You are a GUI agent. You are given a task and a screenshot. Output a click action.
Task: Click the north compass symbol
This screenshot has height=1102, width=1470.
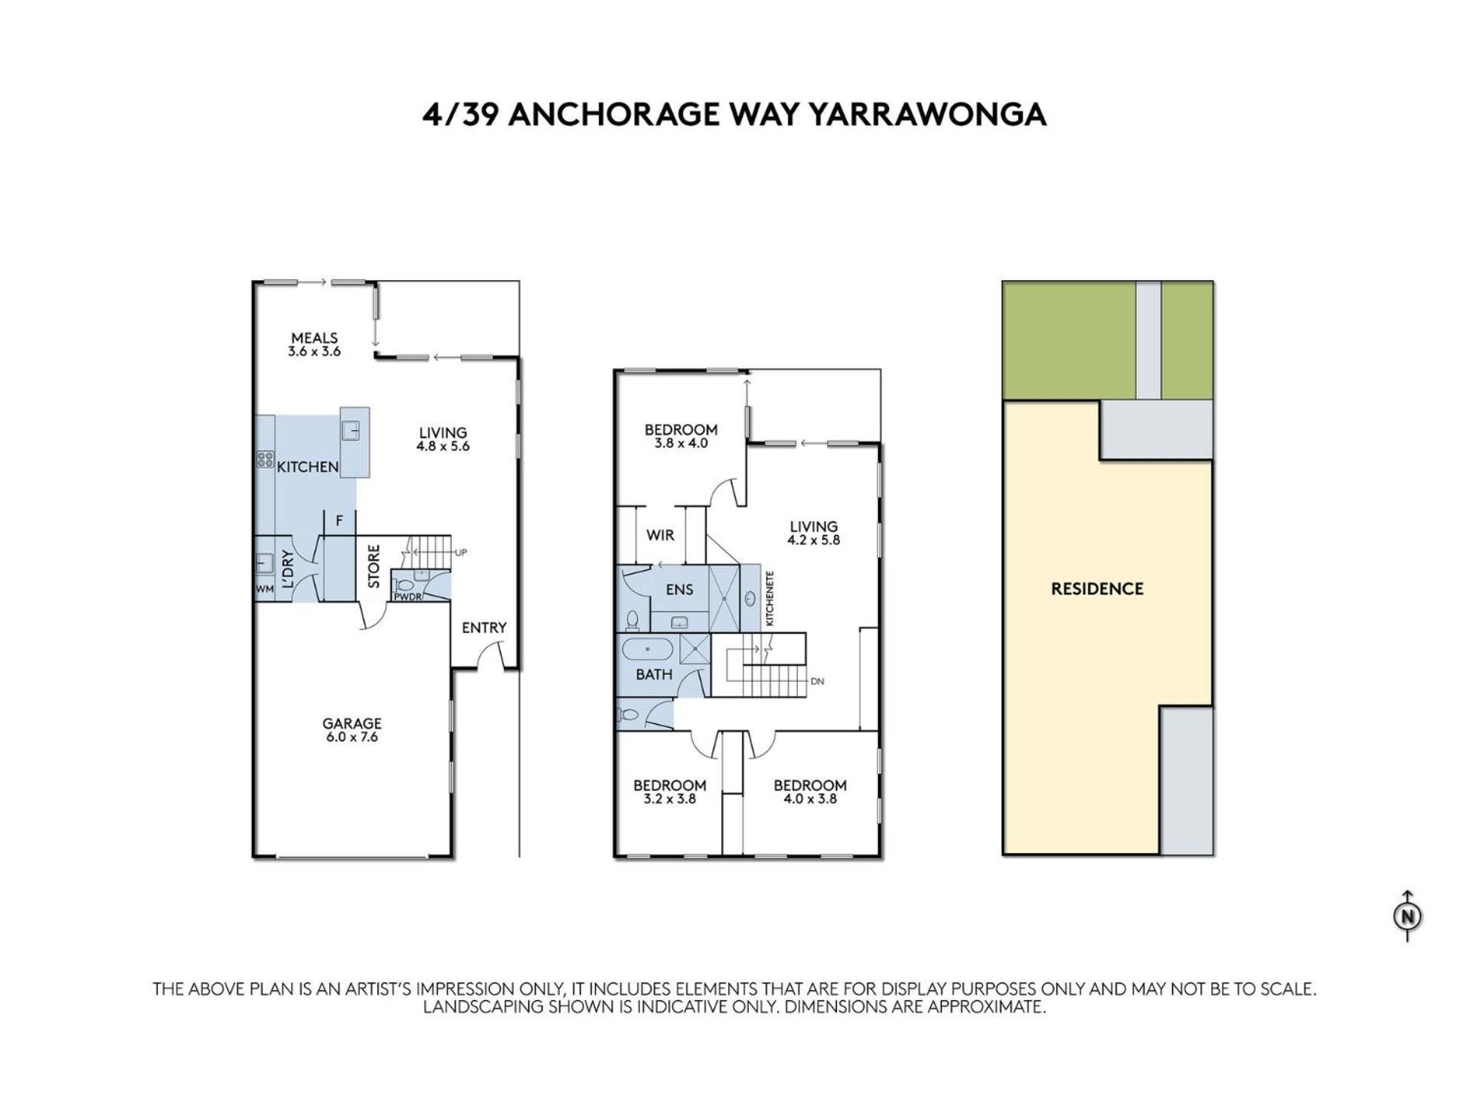point(1407,916)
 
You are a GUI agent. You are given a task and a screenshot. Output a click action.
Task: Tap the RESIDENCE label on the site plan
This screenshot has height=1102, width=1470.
point(1097,588)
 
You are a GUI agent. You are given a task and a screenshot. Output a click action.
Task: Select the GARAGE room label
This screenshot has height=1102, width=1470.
point(351,723)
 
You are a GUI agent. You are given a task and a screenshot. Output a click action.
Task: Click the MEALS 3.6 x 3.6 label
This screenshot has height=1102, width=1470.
point(314,344)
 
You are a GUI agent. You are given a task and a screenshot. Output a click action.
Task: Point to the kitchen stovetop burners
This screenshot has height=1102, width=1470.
point(265,459)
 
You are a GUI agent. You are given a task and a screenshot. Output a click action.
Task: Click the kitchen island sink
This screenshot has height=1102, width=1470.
point(351,431)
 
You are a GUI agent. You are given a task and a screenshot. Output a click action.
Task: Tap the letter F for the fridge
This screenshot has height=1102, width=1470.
point(339,521)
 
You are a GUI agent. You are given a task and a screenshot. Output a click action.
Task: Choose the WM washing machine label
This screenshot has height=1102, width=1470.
point(264,588)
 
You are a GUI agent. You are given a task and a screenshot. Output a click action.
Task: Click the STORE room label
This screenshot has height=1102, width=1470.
point(374,566)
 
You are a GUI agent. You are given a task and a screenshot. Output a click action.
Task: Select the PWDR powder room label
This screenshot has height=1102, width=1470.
point(407,597)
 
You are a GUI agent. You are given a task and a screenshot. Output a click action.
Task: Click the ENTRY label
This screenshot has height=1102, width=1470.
point(484,628)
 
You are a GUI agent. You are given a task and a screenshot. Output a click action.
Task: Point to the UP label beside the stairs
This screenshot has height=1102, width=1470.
point(461,553)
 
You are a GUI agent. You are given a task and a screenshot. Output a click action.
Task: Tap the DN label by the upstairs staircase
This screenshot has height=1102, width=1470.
point(817,681)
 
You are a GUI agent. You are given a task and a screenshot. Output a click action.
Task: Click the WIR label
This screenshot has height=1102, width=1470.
point(660,535)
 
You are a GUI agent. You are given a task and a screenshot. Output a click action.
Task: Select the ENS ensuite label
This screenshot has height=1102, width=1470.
point(679,589)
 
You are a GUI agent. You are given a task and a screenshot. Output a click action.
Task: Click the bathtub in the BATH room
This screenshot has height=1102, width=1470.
point(647,650)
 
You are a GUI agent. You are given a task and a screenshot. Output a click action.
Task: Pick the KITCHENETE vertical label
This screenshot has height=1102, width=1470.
point(769,599)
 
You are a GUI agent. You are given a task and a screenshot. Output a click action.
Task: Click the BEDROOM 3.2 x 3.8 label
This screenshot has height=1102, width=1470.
point(669,792)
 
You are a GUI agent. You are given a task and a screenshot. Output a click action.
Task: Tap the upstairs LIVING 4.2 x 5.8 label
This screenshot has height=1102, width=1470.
point(813,533)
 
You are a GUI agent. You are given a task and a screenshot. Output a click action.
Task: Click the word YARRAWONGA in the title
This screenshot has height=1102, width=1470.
point(927,114)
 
